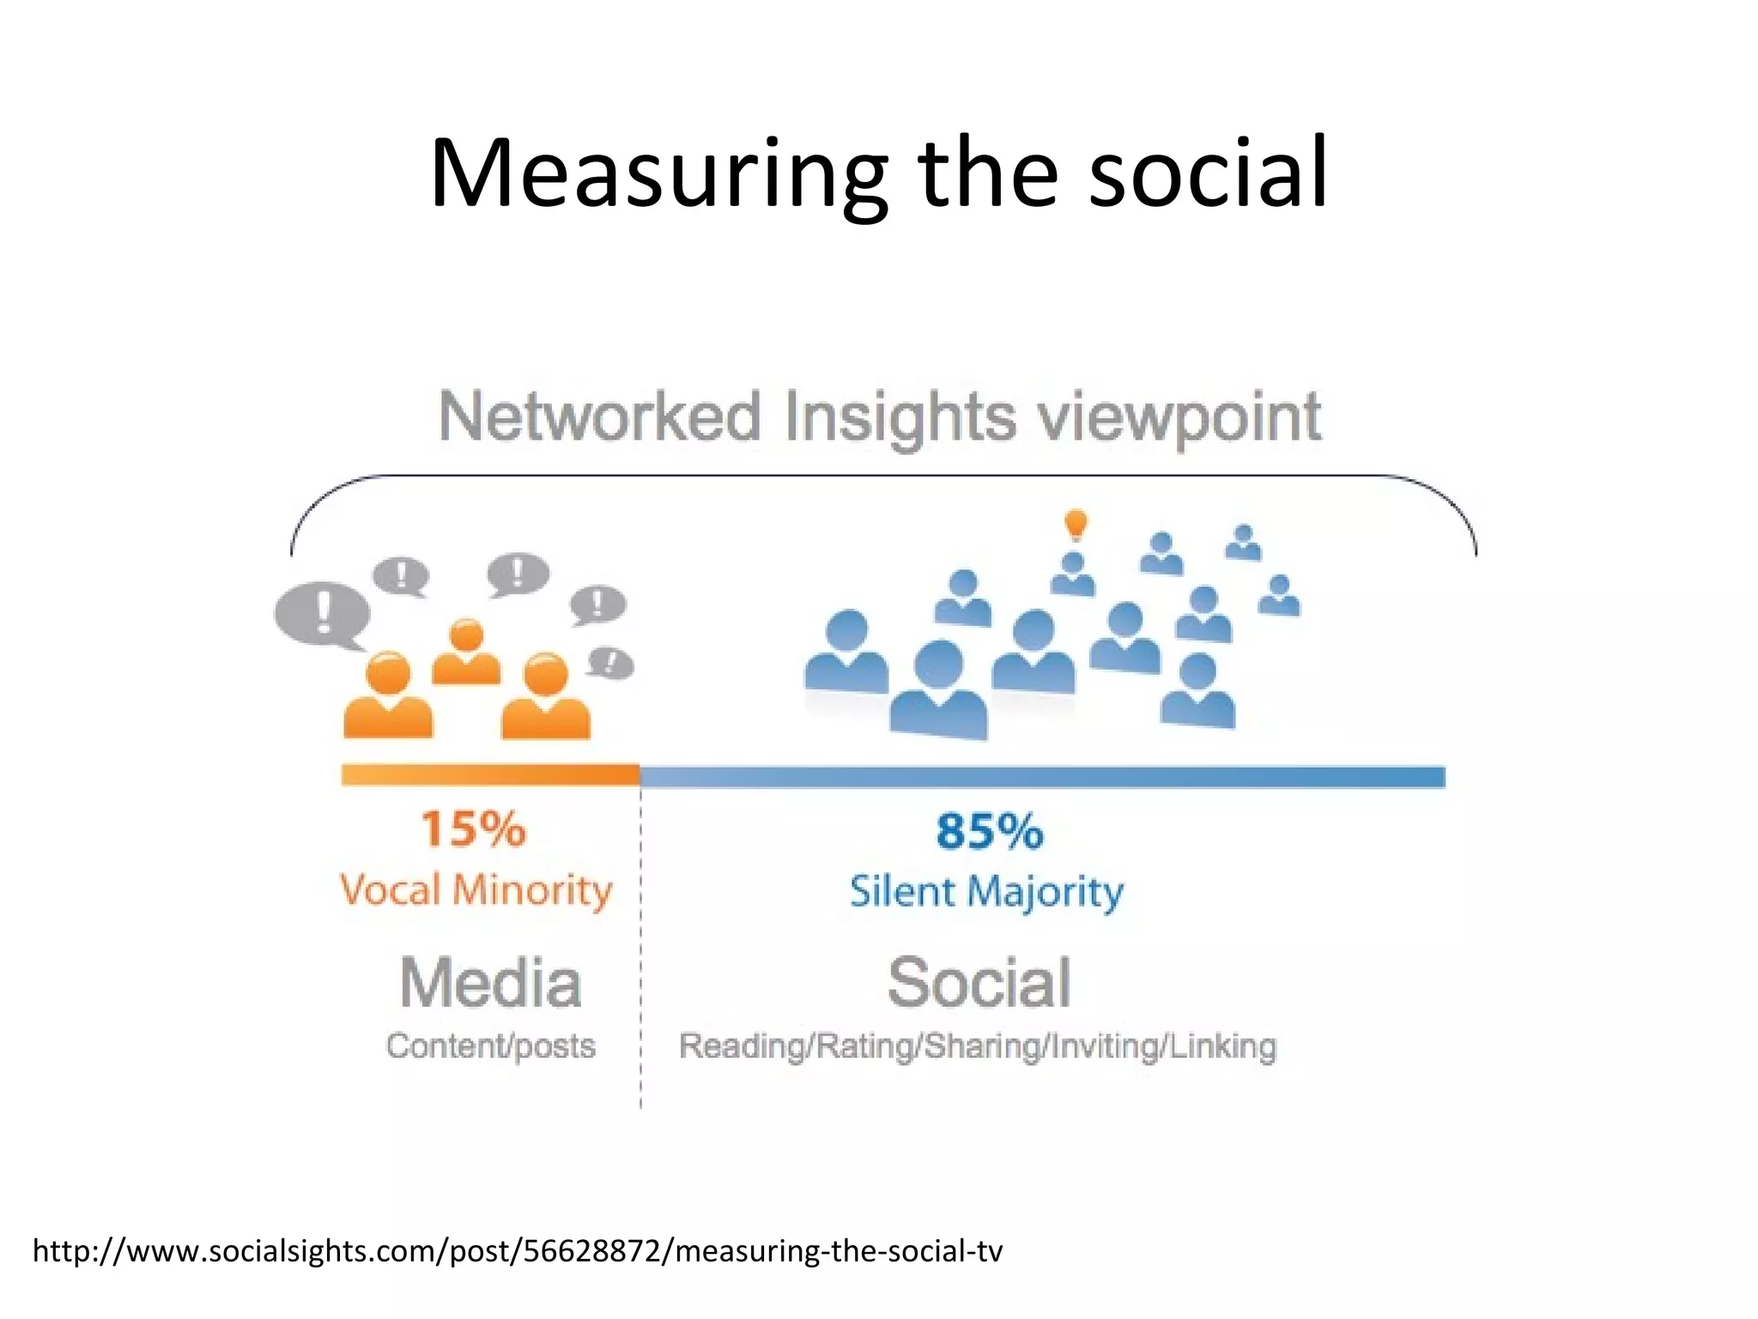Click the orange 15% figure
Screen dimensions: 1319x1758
pos(473,830)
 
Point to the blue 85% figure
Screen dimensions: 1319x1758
pos(989,831)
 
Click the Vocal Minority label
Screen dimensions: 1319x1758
pos(476,890)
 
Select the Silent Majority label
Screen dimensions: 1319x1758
pos(986,891)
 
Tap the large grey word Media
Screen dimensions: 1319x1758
pos(491,983)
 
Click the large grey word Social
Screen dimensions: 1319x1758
pos(979,983)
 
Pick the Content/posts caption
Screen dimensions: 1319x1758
pos(490,1046)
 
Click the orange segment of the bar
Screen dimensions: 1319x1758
pos(490,775)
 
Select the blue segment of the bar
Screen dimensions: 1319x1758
pos(1042,777)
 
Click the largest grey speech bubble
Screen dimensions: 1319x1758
pos(322,612)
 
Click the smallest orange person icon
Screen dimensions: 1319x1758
pos(466,652)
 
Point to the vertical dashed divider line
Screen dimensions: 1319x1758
pos(640,945)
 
